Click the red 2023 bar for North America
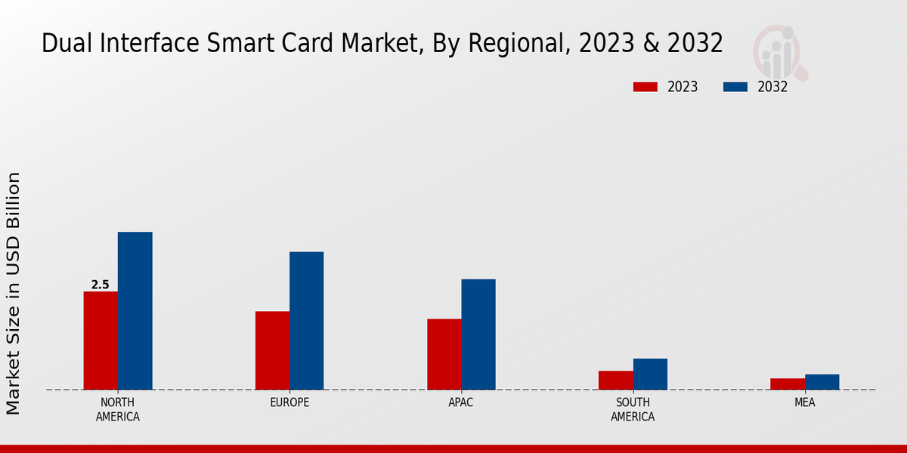coord(101,341)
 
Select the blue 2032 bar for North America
coord(135,310)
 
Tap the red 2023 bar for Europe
coord(272,350)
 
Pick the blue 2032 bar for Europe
coord(306,320)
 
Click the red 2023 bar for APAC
coord(444,354)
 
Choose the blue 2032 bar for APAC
coord(478,334)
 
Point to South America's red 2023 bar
coord(615,380)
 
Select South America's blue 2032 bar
coord(650,374)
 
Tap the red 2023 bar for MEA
coord(787,384)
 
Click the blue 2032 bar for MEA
coord(822,382)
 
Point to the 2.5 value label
coord(100,285)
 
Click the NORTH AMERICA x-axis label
coord(117,409)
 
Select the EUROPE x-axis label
coord(289,402)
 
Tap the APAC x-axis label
coord(460,402)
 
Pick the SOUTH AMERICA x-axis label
coord(633,409)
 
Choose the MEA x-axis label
coord(804,402)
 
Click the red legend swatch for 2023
coord(645,87)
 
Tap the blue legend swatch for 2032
coord(735,87)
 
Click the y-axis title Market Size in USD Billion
coord(14,293)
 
